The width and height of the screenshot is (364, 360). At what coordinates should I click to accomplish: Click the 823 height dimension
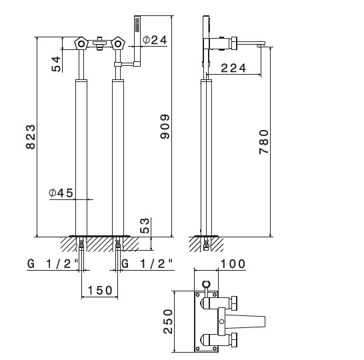pyautogui.click(x=31, y=137)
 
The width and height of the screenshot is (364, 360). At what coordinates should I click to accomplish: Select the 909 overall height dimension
pyautogui.click(x=165, y=127)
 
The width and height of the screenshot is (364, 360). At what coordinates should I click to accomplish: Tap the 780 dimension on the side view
pyautogui.click(x=264, y=142)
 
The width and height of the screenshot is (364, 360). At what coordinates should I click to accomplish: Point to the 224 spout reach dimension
pyautogui.click(x=233, y=68)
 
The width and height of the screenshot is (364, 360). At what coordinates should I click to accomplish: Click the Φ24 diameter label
pyautogui.click(x=155, y=40)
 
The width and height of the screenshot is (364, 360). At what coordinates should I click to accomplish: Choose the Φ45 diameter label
pyautogui.click(x=61, y=193)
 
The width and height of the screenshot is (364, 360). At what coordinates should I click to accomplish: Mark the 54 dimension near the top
pyautogui.click(x=56, y=64)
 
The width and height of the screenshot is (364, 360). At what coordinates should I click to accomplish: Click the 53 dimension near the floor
pyautogui.click(x=145, y=225)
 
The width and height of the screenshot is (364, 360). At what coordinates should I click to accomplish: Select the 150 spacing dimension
pyautogui.click(x=100, y=291)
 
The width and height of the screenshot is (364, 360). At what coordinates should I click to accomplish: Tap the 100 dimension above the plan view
pyautogui.click(x=233, y=264)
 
